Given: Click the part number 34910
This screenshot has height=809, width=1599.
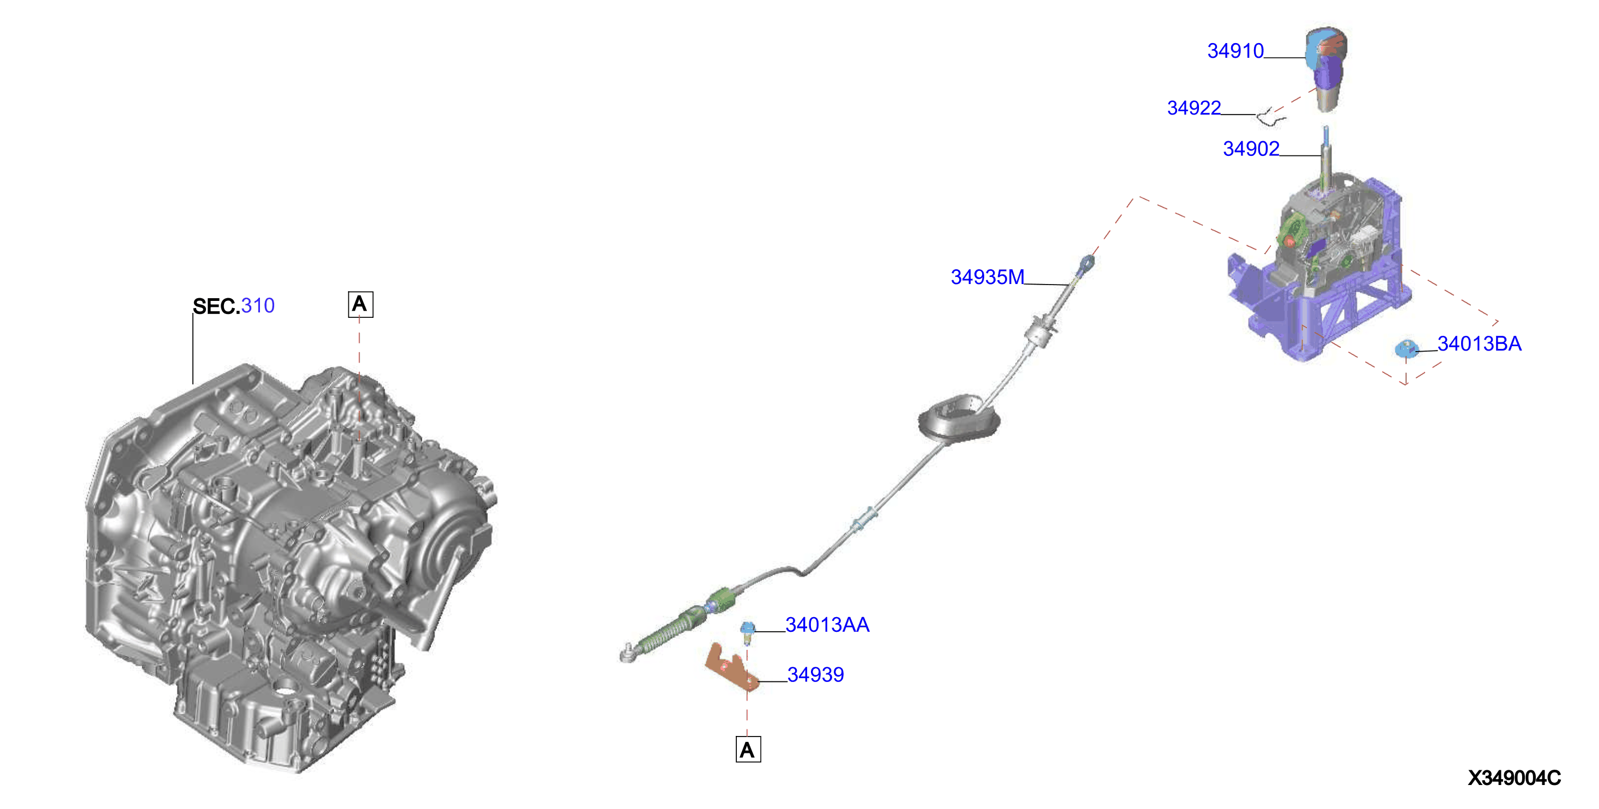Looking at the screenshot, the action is [x=1235, y=51].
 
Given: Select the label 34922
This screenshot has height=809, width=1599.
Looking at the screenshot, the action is [x=1194, y=108].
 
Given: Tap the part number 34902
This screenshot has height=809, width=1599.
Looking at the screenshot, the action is [x=1251, y=149].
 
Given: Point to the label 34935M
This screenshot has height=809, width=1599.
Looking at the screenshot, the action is [x=988, y=277].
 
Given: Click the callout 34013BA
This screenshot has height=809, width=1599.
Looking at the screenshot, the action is [x=1479, y=344].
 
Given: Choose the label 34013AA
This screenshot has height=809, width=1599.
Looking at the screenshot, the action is [x=827, y=625].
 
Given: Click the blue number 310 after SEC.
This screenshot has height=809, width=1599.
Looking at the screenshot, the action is [x=258, y=305].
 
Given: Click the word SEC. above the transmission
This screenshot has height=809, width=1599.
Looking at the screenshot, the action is [x=216, y=306].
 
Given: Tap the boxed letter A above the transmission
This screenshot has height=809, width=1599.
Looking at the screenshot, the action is [x=361, y=304].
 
